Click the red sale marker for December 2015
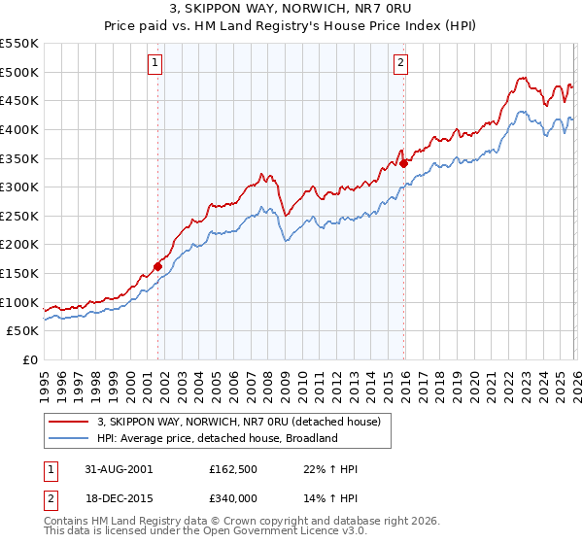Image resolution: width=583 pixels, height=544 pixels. pyautogui.click(x=403, y=164)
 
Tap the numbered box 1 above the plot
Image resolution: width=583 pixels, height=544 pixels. pyautogui.click(x=155, y=64)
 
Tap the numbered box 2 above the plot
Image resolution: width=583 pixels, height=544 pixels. pyautogui.click(x=400, y=64)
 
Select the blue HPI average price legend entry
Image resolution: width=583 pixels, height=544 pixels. pyautogui.click(x=217, y=438)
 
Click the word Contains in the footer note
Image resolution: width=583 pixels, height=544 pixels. pyautogui.click(x=70, y=522)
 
